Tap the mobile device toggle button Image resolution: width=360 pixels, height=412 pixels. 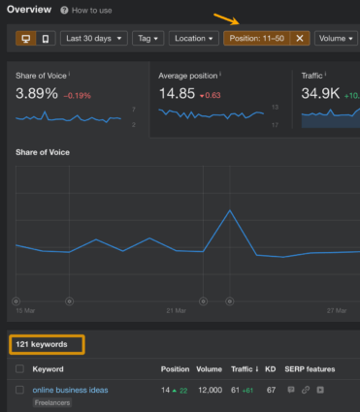click(45, 39)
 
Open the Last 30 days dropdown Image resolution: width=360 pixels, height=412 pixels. click(95, 39)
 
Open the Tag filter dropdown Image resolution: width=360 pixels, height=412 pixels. click(148, 39)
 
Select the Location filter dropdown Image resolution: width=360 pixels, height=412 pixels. click(193, 39)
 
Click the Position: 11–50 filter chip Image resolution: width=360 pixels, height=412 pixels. click(256, 39)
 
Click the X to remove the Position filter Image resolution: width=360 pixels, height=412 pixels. click(300, 39)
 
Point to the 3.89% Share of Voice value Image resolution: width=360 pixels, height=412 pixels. click(37, 93)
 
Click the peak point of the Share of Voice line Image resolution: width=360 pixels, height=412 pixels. click(230, 210)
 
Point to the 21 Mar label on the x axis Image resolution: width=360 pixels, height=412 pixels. click(176, 310)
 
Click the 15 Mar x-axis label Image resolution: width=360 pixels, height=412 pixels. click(26, 310)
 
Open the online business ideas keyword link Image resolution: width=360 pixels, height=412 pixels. click(70, 390)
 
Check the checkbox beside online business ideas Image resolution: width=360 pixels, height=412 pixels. click(19, 390)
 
